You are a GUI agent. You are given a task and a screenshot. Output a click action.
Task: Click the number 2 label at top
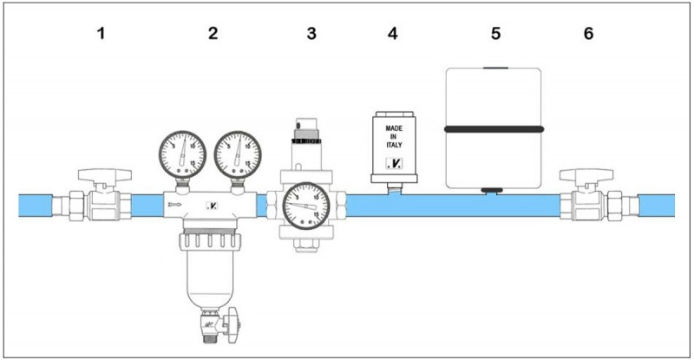tap(212, 35)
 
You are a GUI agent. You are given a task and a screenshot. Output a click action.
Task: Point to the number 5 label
tap(495, 35)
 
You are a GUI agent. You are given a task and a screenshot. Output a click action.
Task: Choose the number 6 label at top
tap(589, 35)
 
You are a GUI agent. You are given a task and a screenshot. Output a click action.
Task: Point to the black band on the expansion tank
tap(494, 129)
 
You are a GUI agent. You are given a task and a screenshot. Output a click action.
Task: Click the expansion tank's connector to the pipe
tap(494, 189)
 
